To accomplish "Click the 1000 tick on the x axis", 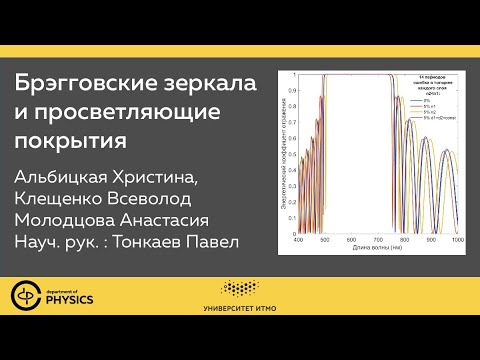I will click(459, 242).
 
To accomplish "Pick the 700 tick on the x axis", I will click(379, 242).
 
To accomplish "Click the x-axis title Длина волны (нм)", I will click(378, 250).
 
